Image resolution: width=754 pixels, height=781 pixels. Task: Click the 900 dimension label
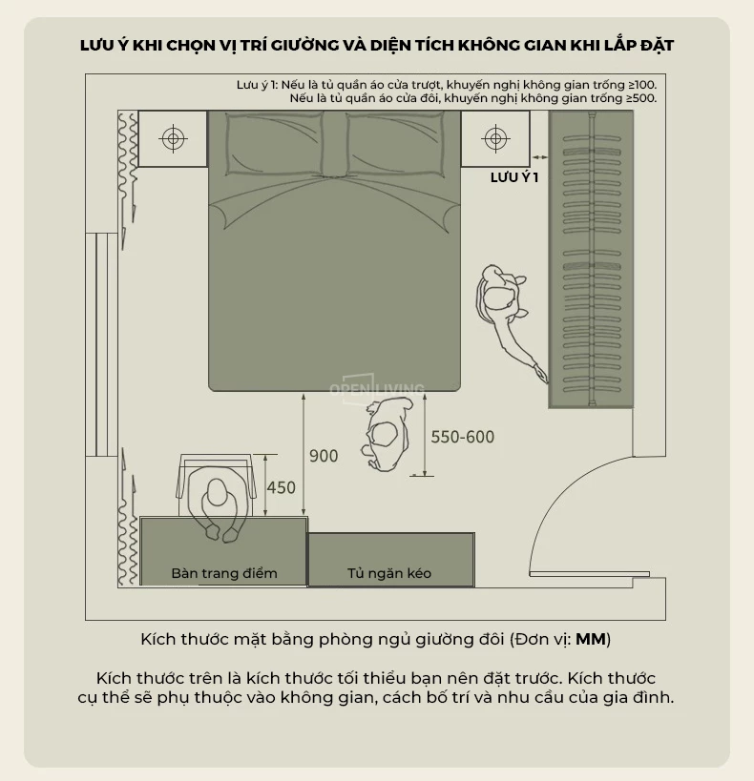[324, 456]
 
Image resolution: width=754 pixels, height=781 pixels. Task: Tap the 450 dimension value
[282, 487]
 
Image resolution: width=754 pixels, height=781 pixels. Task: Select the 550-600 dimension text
[463, 437]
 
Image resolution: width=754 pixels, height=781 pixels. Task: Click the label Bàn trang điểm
[224, 573]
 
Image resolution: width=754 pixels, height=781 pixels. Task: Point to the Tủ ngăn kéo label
[389, 573]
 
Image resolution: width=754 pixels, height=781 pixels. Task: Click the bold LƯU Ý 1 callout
[514, 177]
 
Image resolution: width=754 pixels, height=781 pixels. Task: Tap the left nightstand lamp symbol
[173, 138]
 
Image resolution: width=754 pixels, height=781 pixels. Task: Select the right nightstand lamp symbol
[495, 138]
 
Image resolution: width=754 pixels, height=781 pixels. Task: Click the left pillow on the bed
[274, 143]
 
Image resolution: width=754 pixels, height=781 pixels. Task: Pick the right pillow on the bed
[395, 143]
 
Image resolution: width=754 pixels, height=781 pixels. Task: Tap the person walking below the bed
[387, 434]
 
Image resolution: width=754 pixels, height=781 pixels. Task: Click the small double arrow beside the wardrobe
[539, 157]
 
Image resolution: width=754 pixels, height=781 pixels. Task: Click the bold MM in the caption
[591, 639]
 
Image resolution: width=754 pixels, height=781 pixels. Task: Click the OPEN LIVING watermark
[376, 389]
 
